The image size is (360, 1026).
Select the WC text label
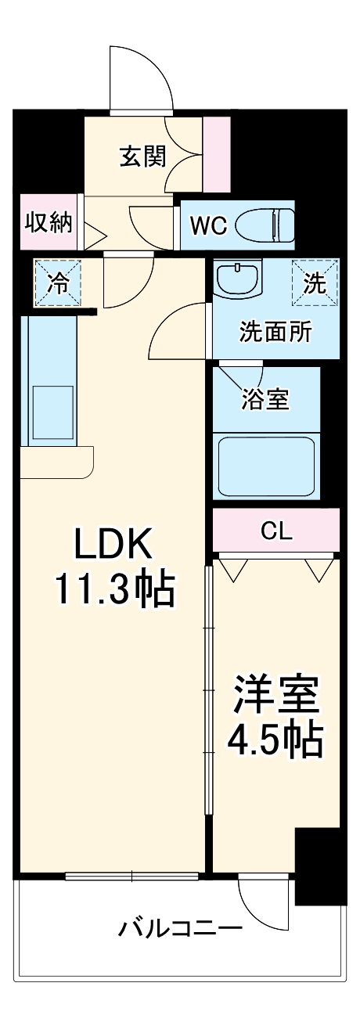(x=208, y=225)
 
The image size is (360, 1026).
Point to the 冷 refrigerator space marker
(x=56, y=283)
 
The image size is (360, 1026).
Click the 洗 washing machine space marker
(x=315, y=283)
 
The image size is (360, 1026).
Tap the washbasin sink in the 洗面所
(x=239, y=279)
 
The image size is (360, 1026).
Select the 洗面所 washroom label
(x=275, y=331)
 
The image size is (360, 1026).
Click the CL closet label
(x=275, y=532)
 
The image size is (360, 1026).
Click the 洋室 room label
(x=275, y=697)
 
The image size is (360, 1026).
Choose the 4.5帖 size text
(x=275, y=739)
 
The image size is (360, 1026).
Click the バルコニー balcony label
(x=180, y=929)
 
